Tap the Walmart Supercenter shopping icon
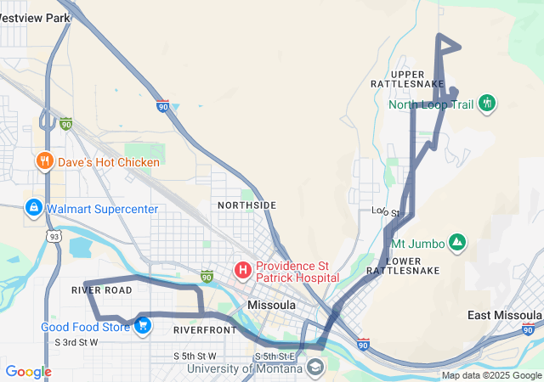pos(33,207)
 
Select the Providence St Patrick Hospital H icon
pos(243,271)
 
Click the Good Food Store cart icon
pos(142,324)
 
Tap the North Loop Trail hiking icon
pos(486,104)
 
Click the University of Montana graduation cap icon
pos(315,367)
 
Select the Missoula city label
pos(272,305)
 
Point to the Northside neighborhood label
pos(246,205)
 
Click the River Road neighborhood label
pos(102,289)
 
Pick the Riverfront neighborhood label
pos(204,329)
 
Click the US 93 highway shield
pos(54,237)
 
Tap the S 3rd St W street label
pos(77,343)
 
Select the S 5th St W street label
pos(195,356)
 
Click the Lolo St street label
pos(386,211)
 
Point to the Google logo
pos(28,372)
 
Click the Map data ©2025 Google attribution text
pos(491,375)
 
